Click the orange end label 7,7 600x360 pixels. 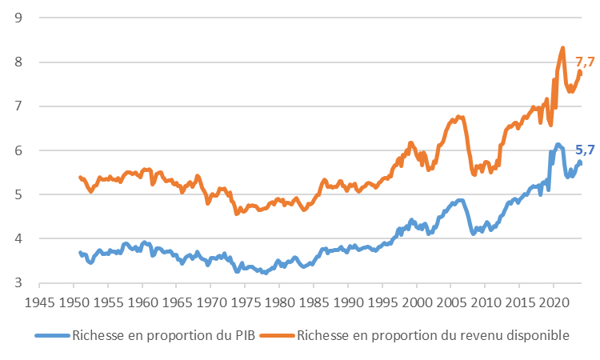coord(585,62)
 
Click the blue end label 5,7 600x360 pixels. coord(585,150)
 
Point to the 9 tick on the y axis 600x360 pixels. coord(18,18)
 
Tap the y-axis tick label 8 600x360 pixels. coord(18,62)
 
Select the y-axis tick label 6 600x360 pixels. coord(18,150)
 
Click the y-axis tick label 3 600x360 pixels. coord(18,283)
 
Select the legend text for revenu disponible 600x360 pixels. coord(433,336)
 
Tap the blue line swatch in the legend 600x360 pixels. coord(53,336)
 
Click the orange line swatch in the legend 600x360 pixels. coord(278,336)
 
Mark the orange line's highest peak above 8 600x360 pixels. coord(563,48)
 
